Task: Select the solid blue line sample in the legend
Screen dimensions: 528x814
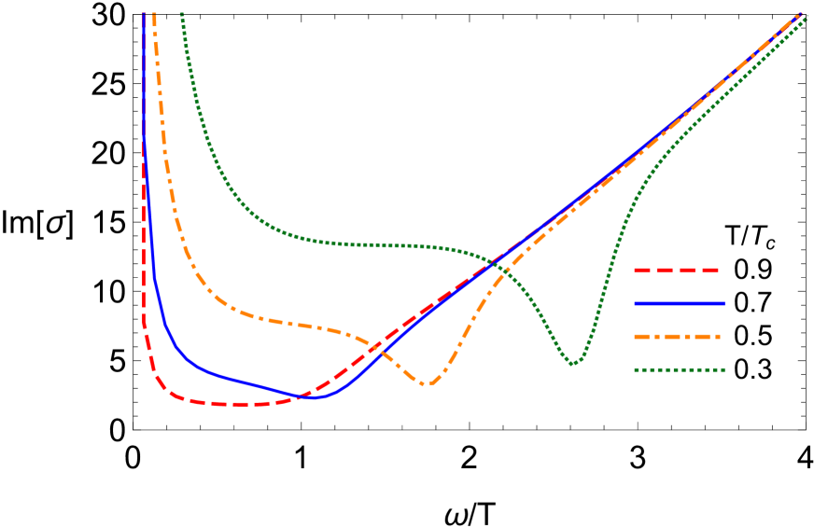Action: click(680, 303)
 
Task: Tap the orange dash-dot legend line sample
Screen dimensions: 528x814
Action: click(678, 337)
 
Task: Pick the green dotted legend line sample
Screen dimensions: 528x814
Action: click(680, 369)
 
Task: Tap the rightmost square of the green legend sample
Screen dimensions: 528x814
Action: click(722, 369)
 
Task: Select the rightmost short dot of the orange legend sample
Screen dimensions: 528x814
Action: click(718, 337)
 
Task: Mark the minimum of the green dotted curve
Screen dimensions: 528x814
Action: click(573, 363)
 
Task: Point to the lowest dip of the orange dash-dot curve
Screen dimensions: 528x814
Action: click(426, 382)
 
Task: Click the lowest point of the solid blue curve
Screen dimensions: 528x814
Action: click(315, 397)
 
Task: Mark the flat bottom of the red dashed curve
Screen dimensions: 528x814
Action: click(233, 404)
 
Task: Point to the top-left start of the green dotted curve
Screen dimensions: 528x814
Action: click(182, 14)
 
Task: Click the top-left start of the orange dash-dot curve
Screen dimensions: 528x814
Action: click(154, 14)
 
